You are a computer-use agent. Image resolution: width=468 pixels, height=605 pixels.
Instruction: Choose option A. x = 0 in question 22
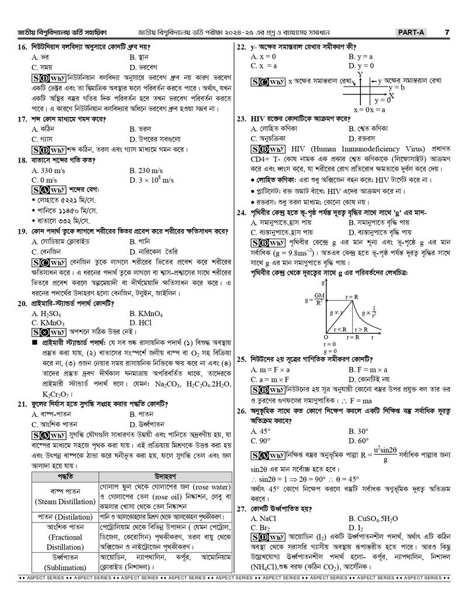pyautogui.click(x=263, y=57)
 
